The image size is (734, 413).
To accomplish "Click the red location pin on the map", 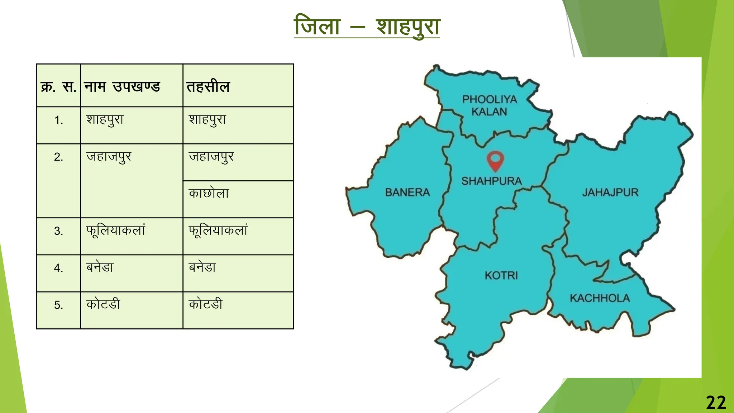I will pos(495,160).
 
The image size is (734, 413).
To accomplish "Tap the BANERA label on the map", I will pos(407,193).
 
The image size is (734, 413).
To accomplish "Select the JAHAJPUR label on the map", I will pos(610,193).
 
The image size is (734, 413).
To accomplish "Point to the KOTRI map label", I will pos(501,275).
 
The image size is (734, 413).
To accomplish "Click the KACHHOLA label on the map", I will pos(600,298).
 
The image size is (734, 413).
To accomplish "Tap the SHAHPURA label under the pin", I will pos(491,181).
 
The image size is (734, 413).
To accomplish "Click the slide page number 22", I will pos(716,403).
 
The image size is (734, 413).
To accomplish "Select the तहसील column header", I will pos(208,87).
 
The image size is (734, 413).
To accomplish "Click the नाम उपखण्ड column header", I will pos(122,87).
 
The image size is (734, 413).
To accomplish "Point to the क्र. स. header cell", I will pos(58,87).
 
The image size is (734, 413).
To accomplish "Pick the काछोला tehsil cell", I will pos(209,193).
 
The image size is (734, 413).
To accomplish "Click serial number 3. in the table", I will pos(58,231).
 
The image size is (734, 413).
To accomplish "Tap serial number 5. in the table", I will pos(58,305).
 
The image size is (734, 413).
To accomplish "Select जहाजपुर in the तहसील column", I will pos(211,157).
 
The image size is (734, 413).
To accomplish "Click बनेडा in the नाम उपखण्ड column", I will pos(100,267).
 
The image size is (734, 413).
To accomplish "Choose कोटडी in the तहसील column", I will pos(206,304).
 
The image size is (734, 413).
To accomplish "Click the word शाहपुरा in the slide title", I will pos(408,27).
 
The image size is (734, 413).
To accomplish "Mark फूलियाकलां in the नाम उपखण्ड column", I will pos(115,230).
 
